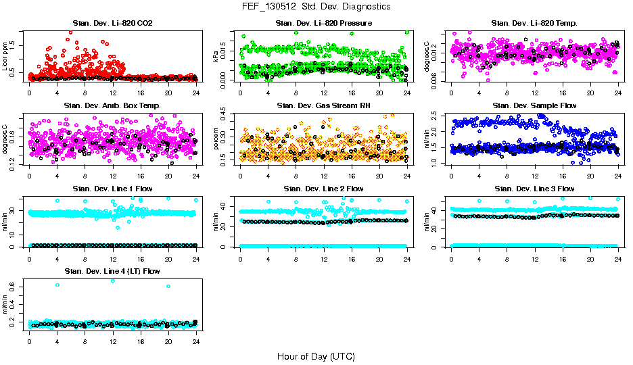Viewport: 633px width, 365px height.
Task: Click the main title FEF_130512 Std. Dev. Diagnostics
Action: [316, 7]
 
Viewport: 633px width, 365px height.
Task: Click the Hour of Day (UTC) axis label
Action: [316, 356]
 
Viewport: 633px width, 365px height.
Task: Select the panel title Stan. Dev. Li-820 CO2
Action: [113, 24]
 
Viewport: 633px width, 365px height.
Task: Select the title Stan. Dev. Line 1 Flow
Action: [113, 189]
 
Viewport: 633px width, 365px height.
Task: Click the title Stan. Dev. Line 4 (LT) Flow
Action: [113, 271]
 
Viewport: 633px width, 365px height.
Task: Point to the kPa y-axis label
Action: [216, 56]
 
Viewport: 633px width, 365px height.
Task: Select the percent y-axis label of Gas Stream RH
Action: [216, 139]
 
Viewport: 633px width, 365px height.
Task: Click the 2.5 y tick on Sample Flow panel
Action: [436, 114]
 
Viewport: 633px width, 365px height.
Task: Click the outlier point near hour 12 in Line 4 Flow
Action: [112, 281]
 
